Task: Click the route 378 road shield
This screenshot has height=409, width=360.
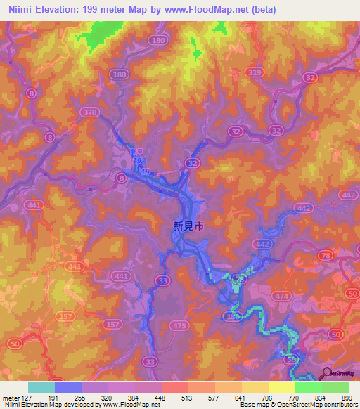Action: (x=89, y=112)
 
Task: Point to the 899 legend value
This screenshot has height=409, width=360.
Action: (x=347, y=397)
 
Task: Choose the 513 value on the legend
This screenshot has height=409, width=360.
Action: (x=186, y=397)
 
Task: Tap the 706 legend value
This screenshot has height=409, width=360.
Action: (x=266, y=397)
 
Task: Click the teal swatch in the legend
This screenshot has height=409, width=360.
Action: (x=41, y=387)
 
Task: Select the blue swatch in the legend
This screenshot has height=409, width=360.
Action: (x=68, y=387)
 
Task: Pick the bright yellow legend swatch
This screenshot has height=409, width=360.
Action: (x=281, y=387)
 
